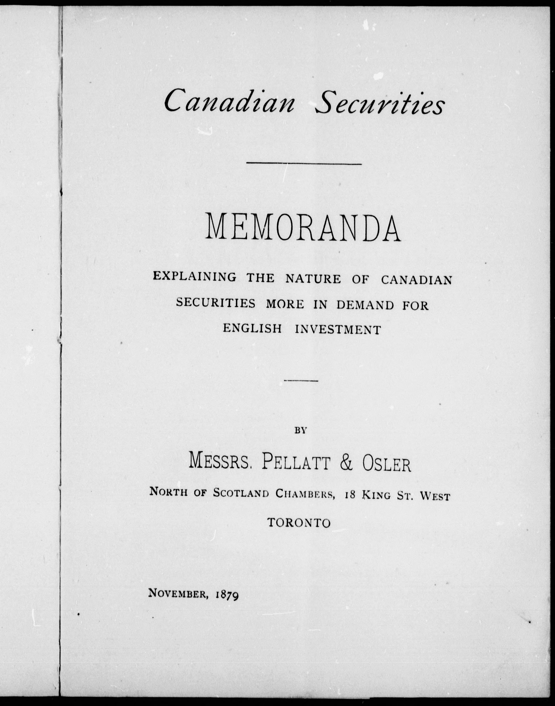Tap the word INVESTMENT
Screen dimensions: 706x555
pos(338,329)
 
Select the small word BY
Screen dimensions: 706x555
pos(301,430)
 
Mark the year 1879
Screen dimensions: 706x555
pos(227,595)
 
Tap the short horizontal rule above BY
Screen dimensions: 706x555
pos(301,381)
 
